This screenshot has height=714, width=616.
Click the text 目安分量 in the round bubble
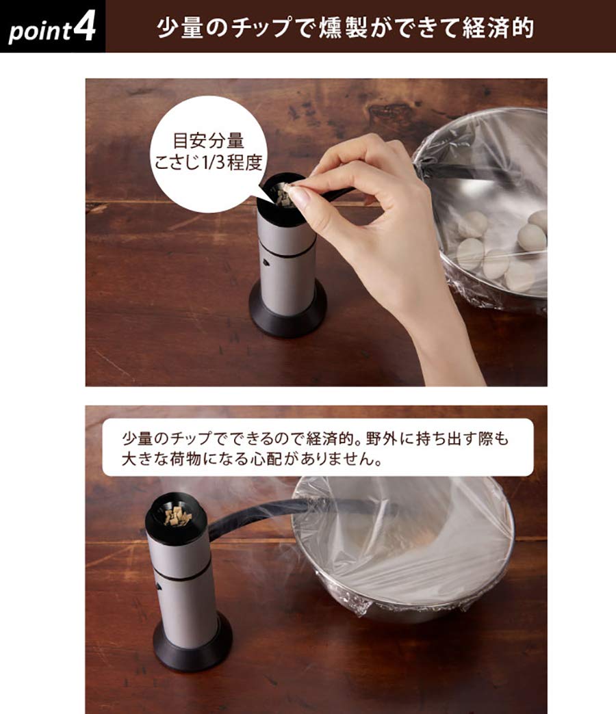(208, 142)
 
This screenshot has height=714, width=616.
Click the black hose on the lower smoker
(246, 517)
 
